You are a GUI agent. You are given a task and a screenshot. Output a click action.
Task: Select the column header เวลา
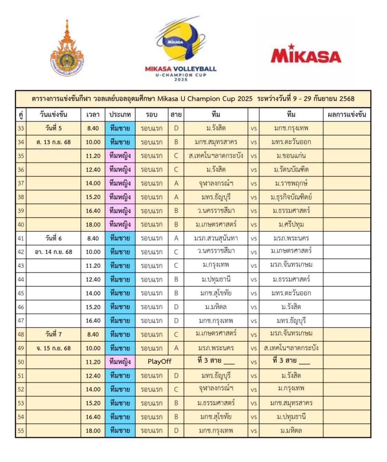[x=93, y=115]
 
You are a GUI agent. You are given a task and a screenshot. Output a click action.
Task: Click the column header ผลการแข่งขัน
[x=346, y=115]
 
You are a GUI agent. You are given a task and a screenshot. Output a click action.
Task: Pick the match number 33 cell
[x=21, y=128]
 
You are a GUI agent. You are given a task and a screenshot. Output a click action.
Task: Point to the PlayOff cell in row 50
[x=159, y=362]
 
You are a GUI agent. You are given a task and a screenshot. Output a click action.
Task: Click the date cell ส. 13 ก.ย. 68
[x=53, y=142]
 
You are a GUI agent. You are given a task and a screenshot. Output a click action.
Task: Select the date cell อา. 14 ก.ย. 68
[x=53, y=252]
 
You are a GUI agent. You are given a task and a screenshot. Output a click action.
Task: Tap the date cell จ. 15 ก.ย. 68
[x=53, y=348]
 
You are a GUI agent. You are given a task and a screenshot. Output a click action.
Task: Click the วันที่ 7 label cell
[x=53, y=334]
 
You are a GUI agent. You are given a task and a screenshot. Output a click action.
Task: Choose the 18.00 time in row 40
[x=93, y=224]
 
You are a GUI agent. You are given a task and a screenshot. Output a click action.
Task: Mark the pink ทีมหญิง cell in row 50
[x=120, y=362]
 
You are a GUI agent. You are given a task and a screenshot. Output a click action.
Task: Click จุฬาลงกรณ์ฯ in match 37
[x=216, y=183]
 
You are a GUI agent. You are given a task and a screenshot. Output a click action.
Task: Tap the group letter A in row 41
[x=176, y=238]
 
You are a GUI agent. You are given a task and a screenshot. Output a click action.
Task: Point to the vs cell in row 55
[x=254, y=431]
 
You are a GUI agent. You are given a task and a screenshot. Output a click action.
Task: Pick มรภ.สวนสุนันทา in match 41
[x=216, y=238]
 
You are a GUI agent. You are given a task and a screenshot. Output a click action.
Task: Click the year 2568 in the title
[x=347, y=99]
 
